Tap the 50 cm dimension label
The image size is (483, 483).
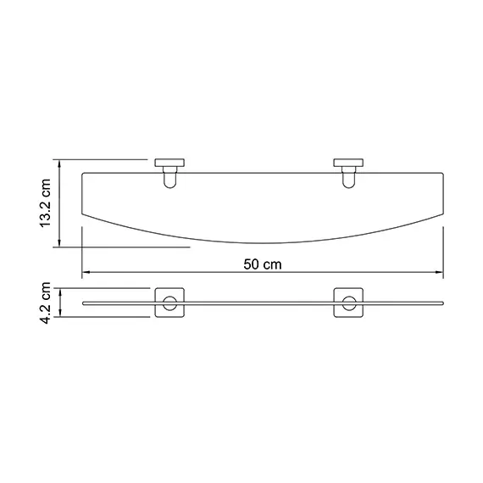(x=262, y=263)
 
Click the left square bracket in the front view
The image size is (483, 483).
(x=170, y=304)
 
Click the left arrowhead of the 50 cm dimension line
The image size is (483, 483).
(x=85, y=273)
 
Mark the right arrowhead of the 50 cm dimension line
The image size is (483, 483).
(x=441, y=273)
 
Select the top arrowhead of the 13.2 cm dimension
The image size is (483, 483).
(x=60, y=161)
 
